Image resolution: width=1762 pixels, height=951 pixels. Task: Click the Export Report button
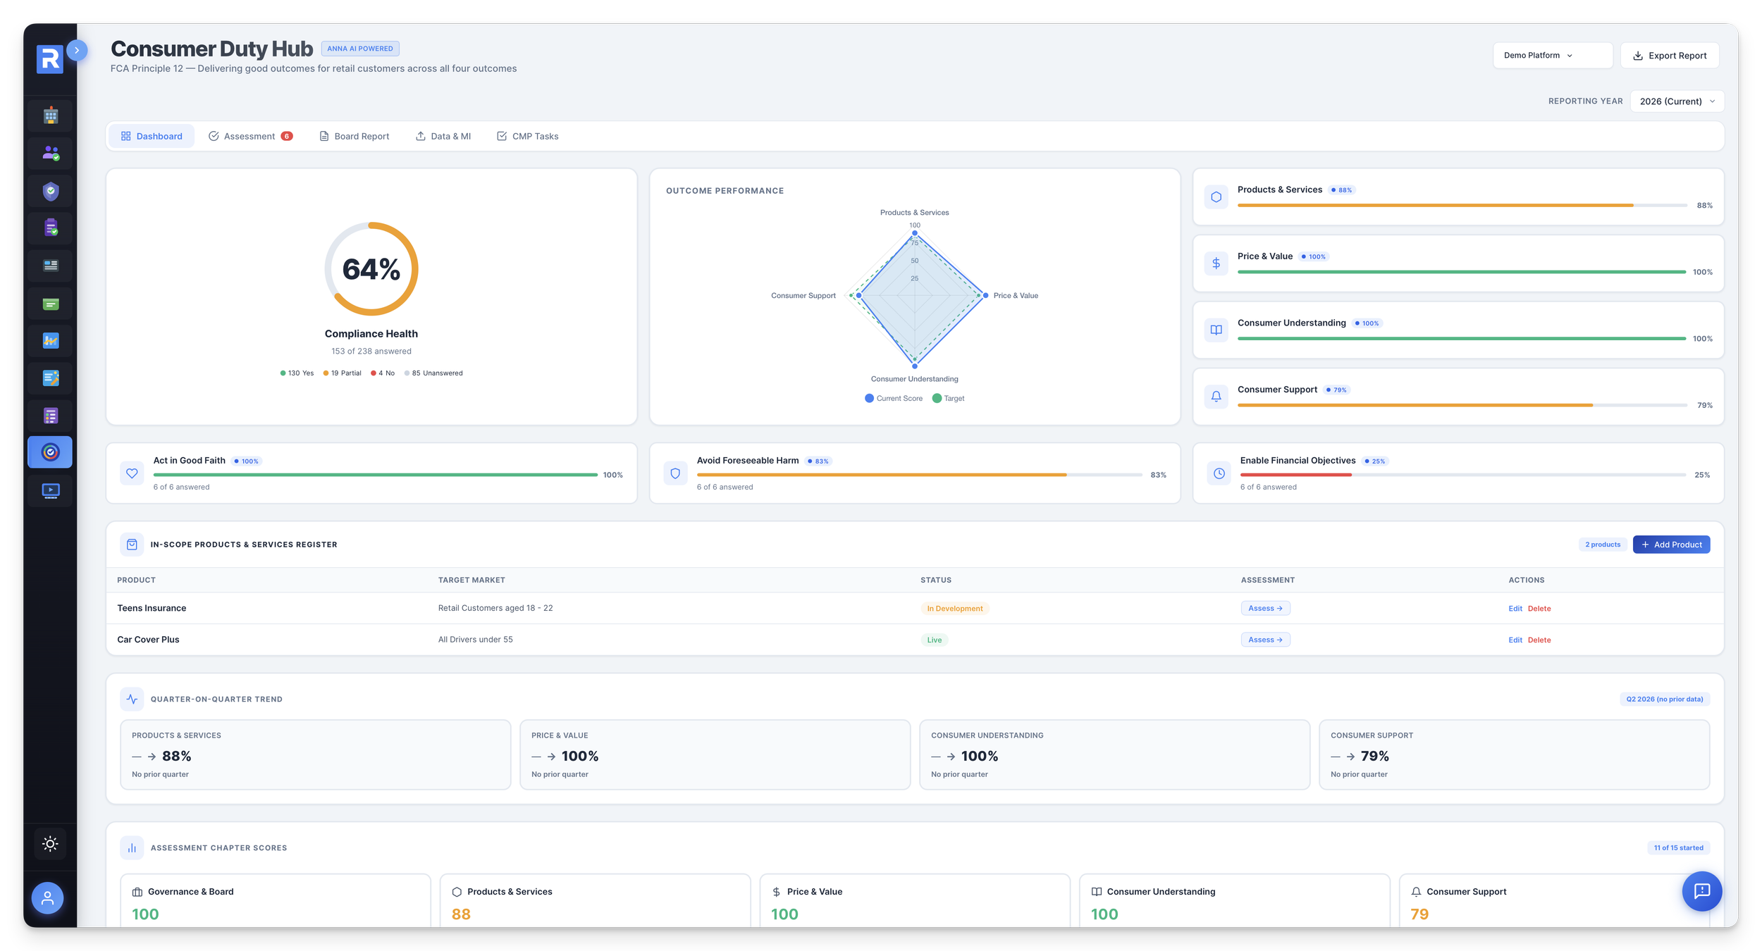click(x=1670, y=56)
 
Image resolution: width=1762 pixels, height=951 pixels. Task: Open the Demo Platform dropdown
click(x=1552, y=56)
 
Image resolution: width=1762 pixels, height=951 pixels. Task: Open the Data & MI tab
click(x=443, y=137)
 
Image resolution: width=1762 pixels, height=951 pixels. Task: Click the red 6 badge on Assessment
click(x=287, y=137)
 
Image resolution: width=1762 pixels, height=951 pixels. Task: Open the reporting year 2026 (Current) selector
click(x=1677, y=101)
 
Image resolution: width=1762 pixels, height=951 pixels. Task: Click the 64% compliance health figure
click(x=371, y=269)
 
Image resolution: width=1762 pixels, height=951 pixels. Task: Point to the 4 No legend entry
click(x=383, y=373)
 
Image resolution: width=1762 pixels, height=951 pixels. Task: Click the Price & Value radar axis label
click(x=1016, y=296)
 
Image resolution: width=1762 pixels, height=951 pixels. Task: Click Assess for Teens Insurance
click(x=1265, y=609)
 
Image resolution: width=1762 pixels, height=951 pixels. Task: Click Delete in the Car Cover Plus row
click(x=1539, y=640)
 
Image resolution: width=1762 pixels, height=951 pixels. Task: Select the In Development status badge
click(x=954, y=609)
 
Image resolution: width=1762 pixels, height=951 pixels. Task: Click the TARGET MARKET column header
click(x=472, y=580)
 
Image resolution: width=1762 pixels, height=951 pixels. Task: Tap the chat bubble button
click(x=1701, y=891)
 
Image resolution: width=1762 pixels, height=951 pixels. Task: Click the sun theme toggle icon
click(x=50, y=844)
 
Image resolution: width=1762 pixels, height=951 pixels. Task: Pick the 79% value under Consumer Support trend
click(x=1374, y=757)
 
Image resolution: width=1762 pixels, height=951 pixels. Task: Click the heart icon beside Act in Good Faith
click(x=132, y=474)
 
